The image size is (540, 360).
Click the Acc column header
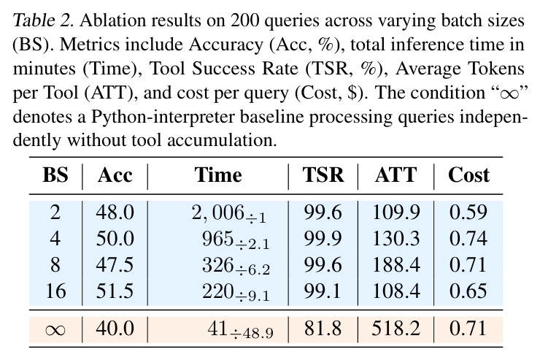click(x=115, y=175)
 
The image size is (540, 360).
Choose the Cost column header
click(x=468, y=175)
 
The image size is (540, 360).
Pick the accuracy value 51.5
click(x=115, y=291)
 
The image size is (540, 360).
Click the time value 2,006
click(x=217, y=212)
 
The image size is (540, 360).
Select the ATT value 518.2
click(x=396, y=328)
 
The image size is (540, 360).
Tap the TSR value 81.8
click(x=323, y=328)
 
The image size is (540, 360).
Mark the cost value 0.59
click(x=468, y=212)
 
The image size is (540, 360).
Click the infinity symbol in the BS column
click(x=55, y=329)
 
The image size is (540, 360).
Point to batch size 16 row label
click(x=55, y=291)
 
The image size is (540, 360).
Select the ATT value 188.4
click(x=396, y=264)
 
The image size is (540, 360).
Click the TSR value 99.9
click(x=323, y=238)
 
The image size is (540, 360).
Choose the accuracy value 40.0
click(x=115, y=328)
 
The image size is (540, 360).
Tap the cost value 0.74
click(x=468, y=238)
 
